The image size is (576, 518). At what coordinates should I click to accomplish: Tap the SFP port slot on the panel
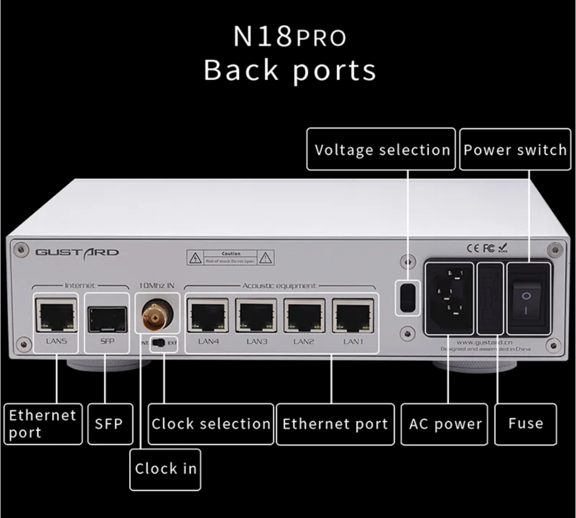107,318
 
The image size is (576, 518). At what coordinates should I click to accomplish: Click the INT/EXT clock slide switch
158,342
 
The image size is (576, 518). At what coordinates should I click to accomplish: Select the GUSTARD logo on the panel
77,252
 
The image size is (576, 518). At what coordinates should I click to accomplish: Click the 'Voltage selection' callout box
381,149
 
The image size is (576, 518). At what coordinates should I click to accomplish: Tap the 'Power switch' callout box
515,149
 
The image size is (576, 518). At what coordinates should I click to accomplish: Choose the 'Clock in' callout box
165,469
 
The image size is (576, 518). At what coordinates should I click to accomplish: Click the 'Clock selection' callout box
211,424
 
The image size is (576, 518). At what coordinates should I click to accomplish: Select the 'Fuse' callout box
526,424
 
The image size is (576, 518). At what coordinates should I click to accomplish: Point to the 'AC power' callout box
444,424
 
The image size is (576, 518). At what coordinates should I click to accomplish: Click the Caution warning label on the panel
230,258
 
